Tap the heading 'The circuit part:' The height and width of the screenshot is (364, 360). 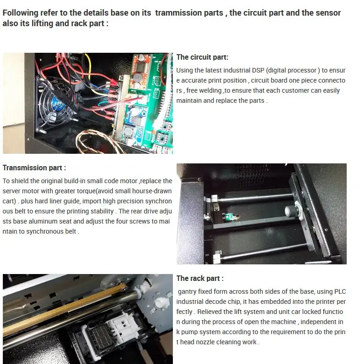pyautogui.click(x=202, y=57)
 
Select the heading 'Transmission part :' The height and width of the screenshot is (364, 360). pyautogui.click(x=34, y=168)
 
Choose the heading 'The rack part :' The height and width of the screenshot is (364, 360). pyautogui.click(x=200, y=279)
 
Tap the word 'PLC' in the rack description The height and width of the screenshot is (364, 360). pyautogui.click(x=340, y=291)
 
